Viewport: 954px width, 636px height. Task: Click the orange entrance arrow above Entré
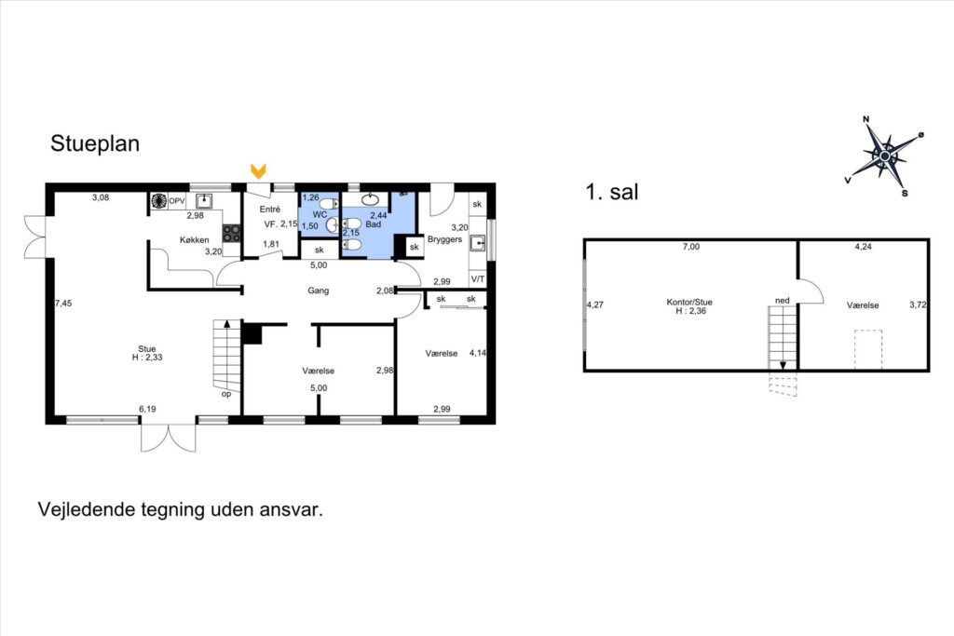tap(259, 170)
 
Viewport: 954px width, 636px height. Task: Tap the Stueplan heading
tap(95, 143)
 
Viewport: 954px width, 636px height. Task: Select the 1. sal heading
tap(611, 192)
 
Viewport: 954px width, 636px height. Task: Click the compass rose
tap(885, 156)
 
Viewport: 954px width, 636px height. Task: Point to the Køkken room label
tap(194, 239)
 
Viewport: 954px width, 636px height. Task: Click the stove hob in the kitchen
tap(231, 234)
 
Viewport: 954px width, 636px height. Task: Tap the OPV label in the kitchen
tap(176, 201)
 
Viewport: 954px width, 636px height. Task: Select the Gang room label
tap(319, 291)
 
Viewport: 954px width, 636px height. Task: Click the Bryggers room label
tap(444, 239)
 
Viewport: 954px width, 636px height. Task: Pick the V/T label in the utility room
tap(478, 279)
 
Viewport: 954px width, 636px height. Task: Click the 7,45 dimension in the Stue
tap(62, 303)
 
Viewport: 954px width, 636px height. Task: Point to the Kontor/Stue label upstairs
tap(689, 302)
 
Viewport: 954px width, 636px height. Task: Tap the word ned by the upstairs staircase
tap(783, 301)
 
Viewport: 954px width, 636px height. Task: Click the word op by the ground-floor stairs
tap(226, 394)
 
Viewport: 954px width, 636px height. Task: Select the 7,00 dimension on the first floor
tap(690, 247)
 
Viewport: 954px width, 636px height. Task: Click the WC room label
tap(320, 214)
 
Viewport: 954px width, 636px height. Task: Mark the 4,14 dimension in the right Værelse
tap(478, 353)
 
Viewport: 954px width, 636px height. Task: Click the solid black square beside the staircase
tap(252, 333)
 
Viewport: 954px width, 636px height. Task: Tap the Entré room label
tap(269, 210)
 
